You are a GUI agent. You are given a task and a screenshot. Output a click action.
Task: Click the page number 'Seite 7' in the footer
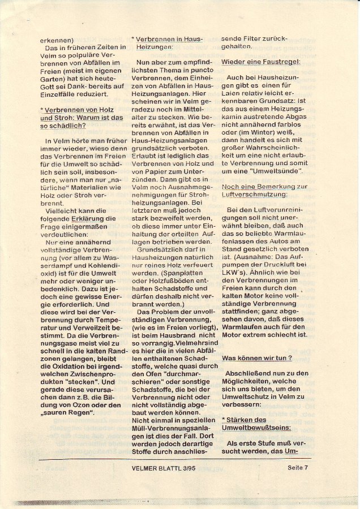point(297,467)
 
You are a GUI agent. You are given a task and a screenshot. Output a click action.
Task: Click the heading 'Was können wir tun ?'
point(257,358)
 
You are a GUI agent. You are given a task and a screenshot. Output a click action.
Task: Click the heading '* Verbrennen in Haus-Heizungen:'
point(166,44)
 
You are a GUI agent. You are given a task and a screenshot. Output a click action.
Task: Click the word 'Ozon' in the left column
point(79,404)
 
